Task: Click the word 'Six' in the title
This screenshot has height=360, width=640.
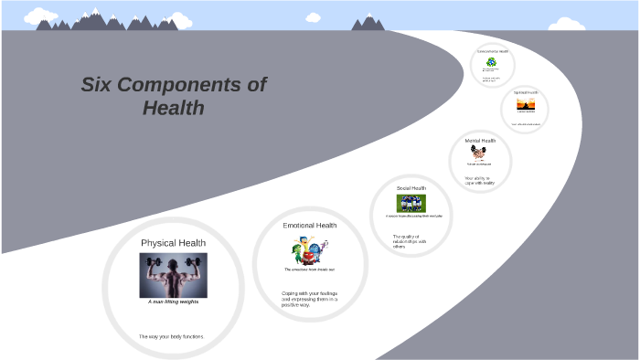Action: click(x=98, y=85)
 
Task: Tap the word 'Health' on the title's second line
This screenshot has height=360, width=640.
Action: click(x=173, y=108)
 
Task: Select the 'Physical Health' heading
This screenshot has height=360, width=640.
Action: click(x=173, y=242)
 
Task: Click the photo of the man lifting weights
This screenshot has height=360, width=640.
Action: click(x=173, y=274)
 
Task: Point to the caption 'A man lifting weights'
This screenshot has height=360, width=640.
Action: click(x=173, y=302)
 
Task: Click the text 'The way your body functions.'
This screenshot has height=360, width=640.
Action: click(x=172, y=337)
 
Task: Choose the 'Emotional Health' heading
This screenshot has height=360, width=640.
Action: click(x=309, y=225)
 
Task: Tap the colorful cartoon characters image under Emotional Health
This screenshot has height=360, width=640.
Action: click(x=309, y=250)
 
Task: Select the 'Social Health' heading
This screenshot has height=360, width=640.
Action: click(x=411, y=187)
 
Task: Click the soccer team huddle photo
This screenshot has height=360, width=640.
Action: click(x=411, y=203)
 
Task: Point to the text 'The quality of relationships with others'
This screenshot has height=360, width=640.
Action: click(x=411, y=241)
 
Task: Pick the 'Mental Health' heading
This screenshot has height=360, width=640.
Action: click(x=480, y=141)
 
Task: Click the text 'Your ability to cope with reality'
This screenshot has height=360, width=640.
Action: click(x=479, y=180)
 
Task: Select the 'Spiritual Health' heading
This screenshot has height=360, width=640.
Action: click(x=526, y=92)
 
